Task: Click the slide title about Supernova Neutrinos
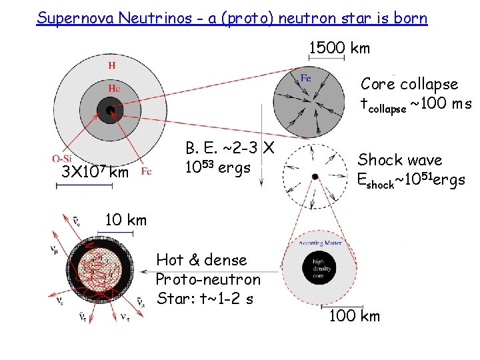(232, 18)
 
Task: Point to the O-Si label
(63, 158)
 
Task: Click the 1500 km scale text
(339, 48)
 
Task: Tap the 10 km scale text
(126, 220)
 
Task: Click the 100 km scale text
(355, 315)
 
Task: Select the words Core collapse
(409, 84)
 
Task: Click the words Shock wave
(400, 160)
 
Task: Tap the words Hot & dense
(201, 260)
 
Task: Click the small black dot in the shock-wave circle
(315, 176)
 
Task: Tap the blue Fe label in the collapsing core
(305, 79)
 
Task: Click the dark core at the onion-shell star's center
(109, 109)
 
